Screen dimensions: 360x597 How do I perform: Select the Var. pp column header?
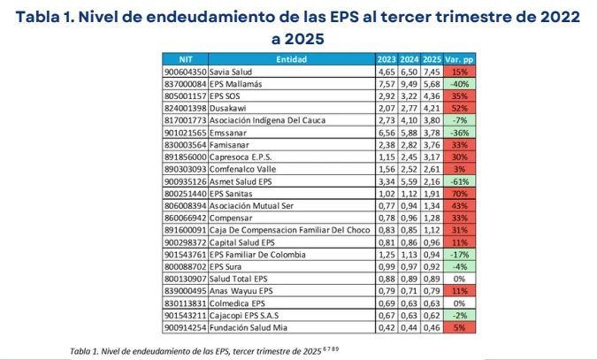click(458, 58)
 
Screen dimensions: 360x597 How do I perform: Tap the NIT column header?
click(185, 58)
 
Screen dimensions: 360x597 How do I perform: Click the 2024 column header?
click(408, 58)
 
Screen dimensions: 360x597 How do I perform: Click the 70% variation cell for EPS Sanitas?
click(458, 191)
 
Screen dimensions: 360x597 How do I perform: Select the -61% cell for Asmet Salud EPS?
click(458, 180)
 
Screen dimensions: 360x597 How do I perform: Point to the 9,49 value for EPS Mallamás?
click(408, 82)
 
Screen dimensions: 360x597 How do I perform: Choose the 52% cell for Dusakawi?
click(458, 106)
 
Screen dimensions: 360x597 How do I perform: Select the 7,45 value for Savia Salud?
click(431, 71)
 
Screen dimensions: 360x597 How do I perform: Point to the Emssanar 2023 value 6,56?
click(386, 131)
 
